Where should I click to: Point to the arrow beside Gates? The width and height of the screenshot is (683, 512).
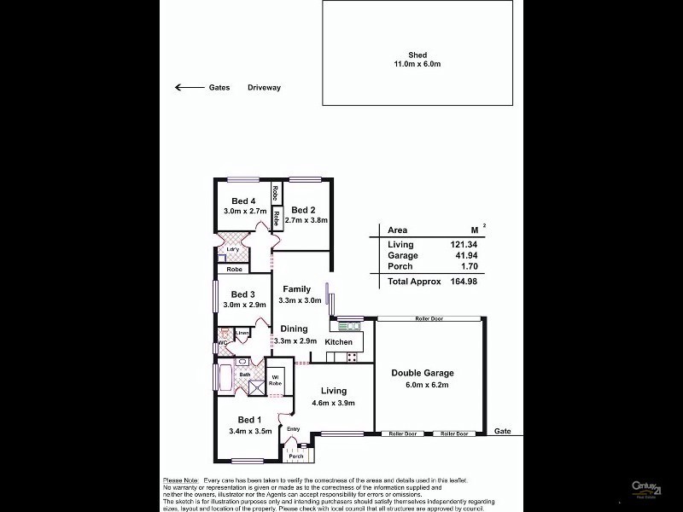click(x=184, y=87)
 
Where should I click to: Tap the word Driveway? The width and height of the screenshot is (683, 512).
click(x=264, y=87)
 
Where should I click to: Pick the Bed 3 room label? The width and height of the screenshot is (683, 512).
click(x=244, y=294)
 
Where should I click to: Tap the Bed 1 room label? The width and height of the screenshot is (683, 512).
click(x=249, y=419)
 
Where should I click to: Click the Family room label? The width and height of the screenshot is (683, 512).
click(x=297, y=289)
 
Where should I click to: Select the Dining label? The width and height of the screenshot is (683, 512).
click(x=295, y=329)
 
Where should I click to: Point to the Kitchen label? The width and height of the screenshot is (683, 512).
click(x=338, y=342)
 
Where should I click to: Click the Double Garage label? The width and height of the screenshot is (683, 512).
click(x=423, y=373)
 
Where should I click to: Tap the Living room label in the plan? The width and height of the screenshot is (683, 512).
click(x=334, y=391)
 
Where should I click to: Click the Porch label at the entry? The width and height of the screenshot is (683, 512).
click(x=295, y=457)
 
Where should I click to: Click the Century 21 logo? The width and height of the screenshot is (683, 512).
click(x=646, y=488)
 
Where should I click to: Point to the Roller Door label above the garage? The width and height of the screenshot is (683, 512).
click(x=429, y=317)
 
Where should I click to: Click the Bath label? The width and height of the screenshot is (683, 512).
click(x=244, y=374)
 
